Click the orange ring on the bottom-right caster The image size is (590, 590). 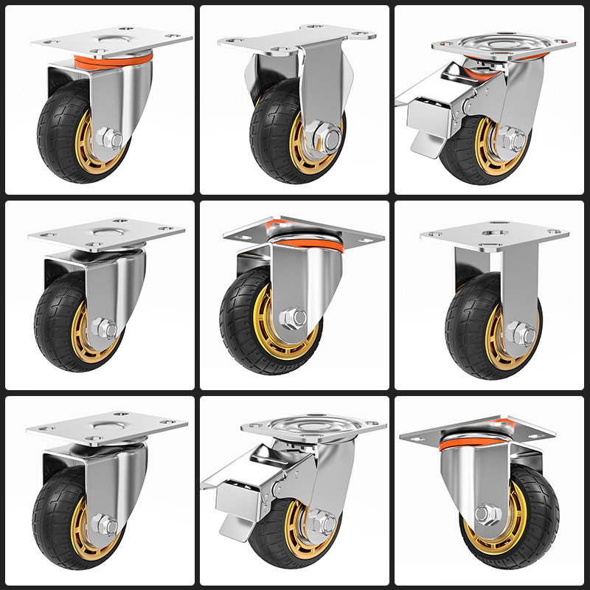pos(472,441)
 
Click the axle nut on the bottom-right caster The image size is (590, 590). pos(485,514)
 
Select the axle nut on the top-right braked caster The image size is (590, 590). pos(510,139)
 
